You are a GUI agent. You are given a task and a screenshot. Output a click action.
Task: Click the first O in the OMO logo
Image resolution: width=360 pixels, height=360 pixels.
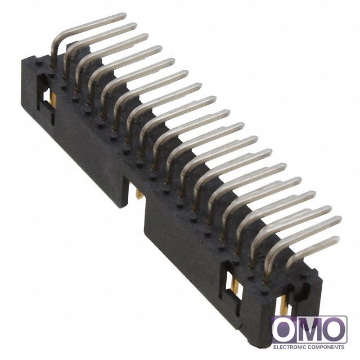[284, 329]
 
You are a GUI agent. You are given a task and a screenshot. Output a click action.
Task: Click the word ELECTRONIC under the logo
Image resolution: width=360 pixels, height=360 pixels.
[290, 347]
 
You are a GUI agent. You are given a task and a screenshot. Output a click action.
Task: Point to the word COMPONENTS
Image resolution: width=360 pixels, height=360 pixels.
[327, 347]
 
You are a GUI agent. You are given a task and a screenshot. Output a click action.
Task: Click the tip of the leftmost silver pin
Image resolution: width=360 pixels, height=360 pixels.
[124, 16]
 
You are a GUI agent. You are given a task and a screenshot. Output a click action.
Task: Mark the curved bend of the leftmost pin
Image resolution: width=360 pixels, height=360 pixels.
[56, 43]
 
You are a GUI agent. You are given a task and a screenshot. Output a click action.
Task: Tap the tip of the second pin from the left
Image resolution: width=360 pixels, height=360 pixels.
[134, 26]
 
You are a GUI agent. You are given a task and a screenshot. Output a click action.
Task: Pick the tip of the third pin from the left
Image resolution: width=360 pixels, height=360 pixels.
[146, 37]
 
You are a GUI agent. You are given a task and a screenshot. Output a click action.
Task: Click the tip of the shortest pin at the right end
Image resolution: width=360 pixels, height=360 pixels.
[336, 239]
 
